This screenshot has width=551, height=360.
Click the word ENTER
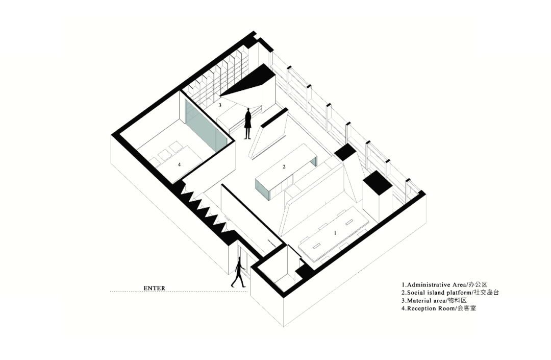[154, 289]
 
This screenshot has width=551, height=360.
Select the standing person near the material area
[248, 124]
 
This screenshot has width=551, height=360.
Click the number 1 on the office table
[335, 232]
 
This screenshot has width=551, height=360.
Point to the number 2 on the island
[284, 166]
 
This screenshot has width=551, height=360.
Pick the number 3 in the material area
[220, 105]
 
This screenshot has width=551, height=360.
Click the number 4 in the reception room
[180, 164]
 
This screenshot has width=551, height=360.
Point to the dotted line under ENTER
[179, 292]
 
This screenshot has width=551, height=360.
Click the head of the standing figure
[248, 110]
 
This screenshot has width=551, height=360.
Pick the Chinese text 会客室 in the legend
[466, 308]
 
